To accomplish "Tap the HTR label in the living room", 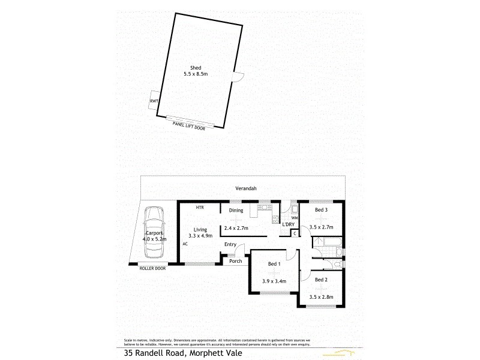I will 200,208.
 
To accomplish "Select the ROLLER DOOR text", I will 152,268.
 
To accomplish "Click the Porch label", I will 236,261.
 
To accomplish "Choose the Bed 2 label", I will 322,280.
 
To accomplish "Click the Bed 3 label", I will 322,210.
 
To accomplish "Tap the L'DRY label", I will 289,224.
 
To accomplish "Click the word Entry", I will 230,244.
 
